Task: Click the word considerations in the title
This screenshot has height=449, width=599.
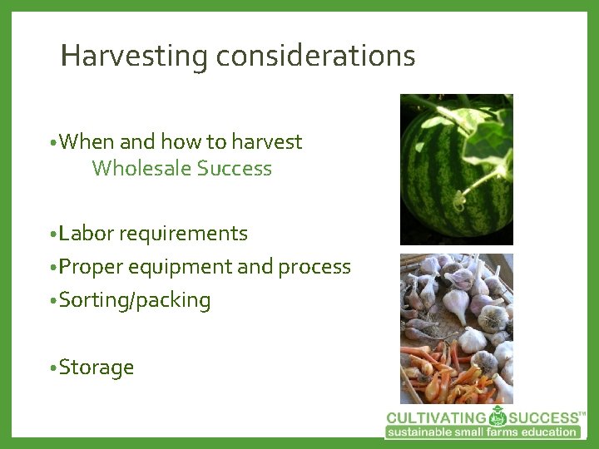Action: tap(315, 57)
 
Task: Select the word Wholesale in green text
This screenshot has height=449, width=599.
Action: tap(141, 169)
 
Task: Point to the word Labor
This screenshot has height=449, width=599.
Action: tap(87, 234)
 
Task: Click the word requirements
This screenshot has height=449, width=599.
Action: tap(183, 234)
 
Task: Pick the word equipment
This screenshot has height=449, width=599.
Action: tap(175, 267)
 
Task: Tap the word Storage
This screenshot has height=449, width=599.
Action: tap(97, 368)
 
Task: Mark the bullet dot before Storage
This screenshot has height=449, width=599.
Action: tap(52, 368)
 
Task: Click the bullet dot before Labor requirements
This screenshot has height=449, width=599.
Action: tap(52, 234)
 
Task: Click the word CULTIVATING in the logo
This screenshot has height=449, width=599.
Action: tap(436, 417)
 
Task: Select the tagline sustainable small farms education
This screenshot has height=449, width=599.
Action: tap(483, 432)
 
